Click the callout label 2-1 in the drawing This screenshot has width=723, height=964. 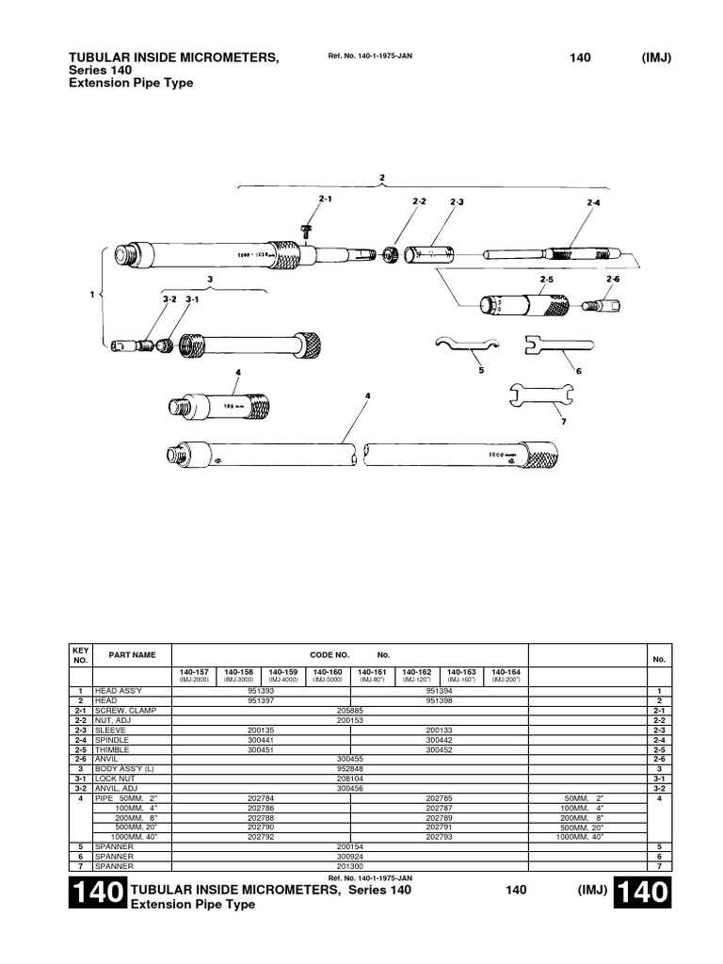pyautogui.click(x=326, y=200)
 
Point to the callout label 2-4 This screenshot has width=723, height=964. pyautogui.click(x=593, y=202)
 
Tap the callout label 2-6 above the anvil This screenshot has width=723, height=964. pyautogui.click(x=613, y=280)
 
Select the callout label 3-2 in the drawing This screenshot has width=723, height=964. pyautogui.click(x=169, y=299)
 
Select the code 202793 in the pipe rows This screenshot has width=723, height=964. pyautogui.click(x=440, y=836)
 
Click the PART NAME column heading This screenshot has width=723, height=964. pyautogui.click(x=133, y=654)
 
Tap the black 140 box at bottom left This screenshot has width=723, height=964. pyautogui.click(x=97, y=896)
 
